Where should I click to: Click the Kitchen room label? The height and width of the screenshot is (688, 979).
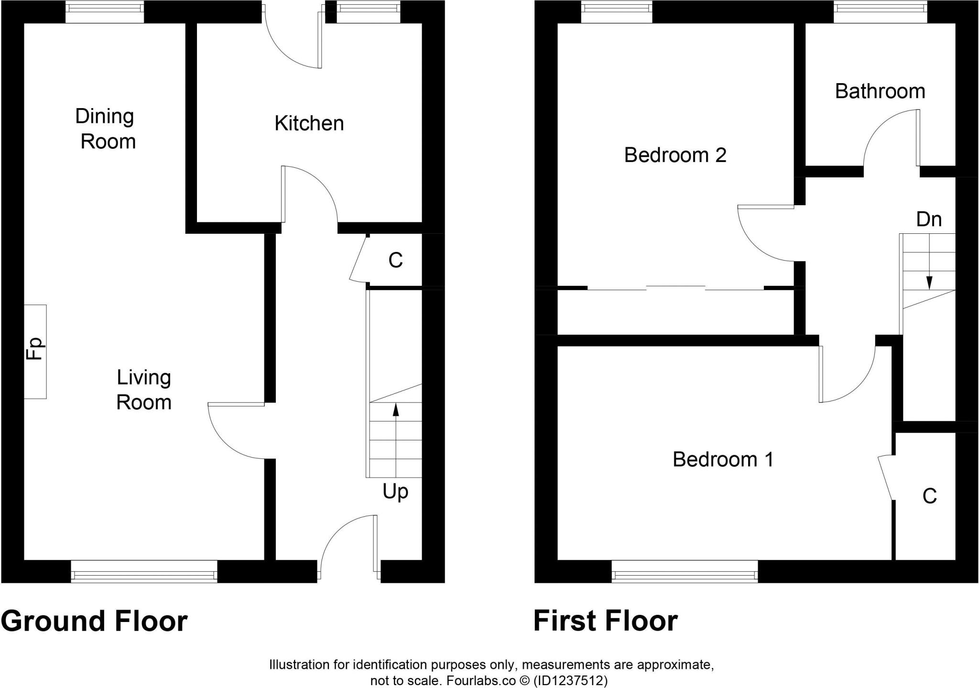pyautogui.click(x=309, y=123)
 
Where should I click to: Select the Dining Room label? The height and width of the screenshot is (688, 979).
pyautogui.click(x=106, y=129)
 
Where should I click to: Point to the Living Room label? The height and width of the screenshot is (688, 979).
pyautogui.click(x=144, y=390)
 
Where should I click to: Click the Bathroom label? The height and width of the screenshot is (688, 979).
pyautogui.click(x=880, y=91)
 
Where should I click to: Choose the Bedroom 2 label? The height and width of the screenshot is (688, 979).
pyautogui.click(x=675, y=155)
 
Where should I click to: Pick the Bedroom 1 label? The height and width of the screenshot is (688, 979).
pyautogui.click(x=723, y=459)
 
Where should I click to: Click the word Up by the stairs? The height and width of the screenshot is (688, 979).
pyautogui.click(x=395, y=492)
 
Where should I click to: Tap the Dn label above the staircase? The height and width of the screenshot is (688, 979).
pyautogui.click(x=929, y=219)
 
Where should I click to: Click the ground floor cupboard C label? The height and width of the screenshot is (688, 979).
pyautogui.click(x=395, y=261)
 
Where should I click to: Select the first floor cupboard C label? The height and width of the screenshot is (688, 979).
pyautogui.click(x=929, y=496)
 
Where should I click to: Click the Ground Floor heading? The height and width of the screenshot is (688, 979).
pyautogui.click(x=94, y=621)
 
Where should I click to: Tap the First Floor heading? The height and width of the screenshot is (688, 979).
pyautogui.click(x=605, y=621)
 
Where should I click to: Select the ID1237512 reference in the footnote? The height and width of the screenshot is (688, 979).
pyautogui.click(x=570, y=680)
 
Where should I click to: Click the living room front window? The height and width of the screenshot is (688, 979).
pyautogui.click(x=144, y=571)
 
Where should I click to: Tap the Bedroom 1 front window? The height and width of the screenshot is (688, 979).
pyautogui.click(x=685, y=571)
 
